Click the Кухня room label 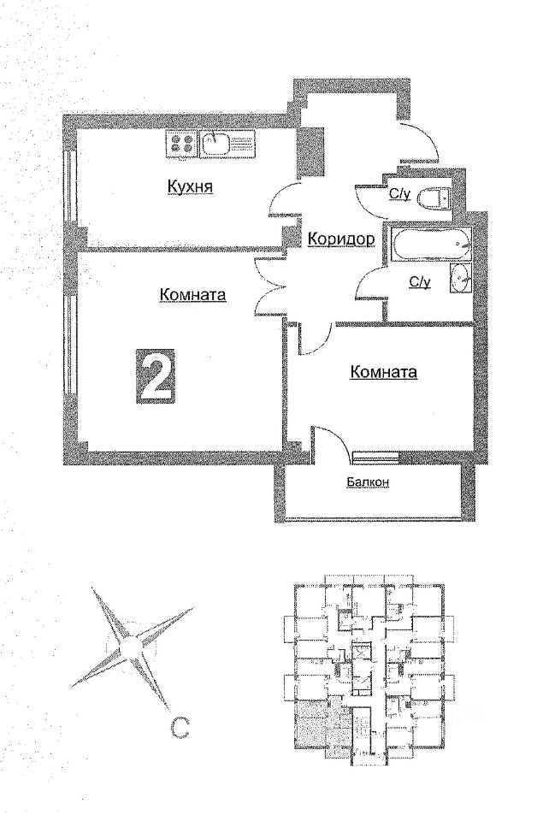pyautogui.click(x=189, y=187)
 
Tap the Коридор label pyautogui.click(x=340, y=239)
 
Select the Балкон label pyautogui.click(x=369, y=482)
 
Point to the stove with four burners pyautogui.click(x=181, y=143)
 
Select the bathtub pyautogui.click(x=430, y=247)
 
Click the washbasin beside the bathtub pyautogui.click(x=459, y=278)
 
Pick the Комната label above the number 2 pyautogui.click(x=192, y=295)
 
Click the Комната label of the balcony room pyautogui.click(x=383, y=372)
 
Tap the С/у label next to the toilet pyautogui.click(x=400, y=195)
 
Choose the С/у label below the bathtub pyautogui.click(x=419, y=281)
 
